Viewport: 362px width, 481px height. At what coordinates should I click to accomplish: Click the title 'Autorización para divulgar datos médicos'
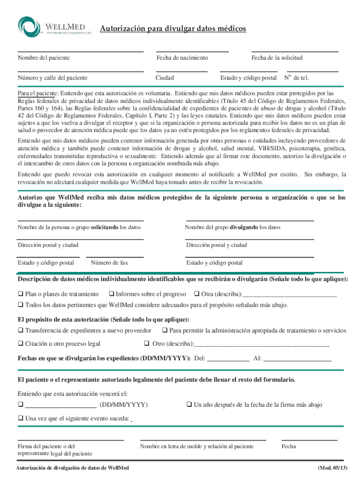click(173, 29)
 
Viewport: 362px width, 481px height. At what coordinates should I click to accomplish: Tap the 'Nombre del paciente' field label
click(44, 58)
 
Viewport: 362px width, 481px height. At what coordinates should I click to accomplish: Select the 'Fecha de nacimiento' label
click(182, 58)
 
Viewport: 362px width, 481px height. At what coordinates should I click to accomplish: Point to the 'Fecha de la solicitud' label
click(277, 58)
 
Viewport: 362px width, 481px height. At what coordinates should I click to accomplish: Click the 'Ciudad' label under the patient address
click(165, 78)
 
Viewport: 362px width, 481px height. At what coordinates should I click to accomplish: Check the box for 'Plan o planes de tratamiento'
click(21, 294)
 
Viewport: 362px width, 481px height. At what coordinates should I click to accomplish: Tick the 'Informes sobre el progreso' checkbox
click(112, 294)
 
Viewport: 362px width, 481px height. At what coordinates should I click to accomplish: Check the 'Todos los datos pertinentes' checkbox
click(21, 305)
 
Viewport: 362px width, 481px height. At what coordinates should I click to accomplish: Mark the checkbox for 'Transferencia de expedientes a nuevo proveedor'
click(21, 331)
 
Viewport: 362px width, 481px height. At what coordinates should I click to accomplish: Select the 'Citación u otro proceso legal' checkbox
click(21, 343)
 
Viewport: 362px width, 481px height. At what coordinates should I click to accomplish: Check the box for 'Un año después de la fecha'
click(189, 404)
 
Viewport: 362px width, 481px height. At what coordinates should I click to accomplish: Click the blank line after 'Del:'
click(228, 359)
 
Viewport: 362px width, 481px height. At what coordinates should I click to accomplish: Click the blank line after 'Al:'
click(298, 359)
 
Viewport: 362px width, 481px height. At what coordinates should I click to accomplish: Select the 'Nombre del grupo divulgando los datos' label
click(233, 227)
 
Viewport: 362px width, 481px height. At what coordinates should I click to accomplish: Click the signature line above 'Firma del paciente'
click(71, 440)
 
